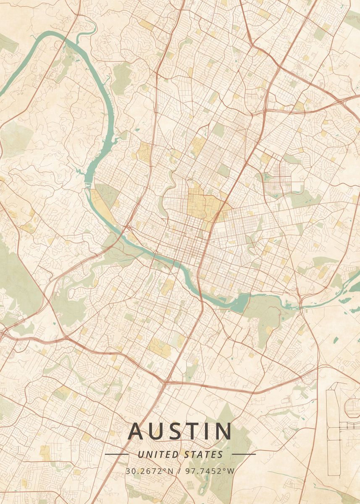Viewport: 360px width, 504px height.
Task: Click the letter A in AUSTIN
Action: [x=136, y=431]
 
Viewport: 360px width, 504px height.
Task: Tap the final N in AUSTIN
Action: [x=223, y=431]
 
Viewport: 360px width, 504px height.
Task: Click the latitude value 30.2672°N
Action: [x=149, y=470]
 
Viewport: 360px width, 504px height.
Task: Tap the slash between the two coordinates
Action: [x=179, y=470]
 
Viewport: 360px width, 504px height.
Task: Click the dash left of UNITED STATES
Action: [x=116, y=454]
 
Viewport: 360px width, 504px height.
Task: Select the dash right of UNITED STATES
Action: [x=244, y=454]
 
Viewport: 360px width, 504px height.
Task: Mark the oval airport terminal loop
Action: [x=352, y=407]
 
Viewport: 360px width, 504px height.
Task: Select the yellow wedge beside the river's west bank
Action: [x=101, y=202]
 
